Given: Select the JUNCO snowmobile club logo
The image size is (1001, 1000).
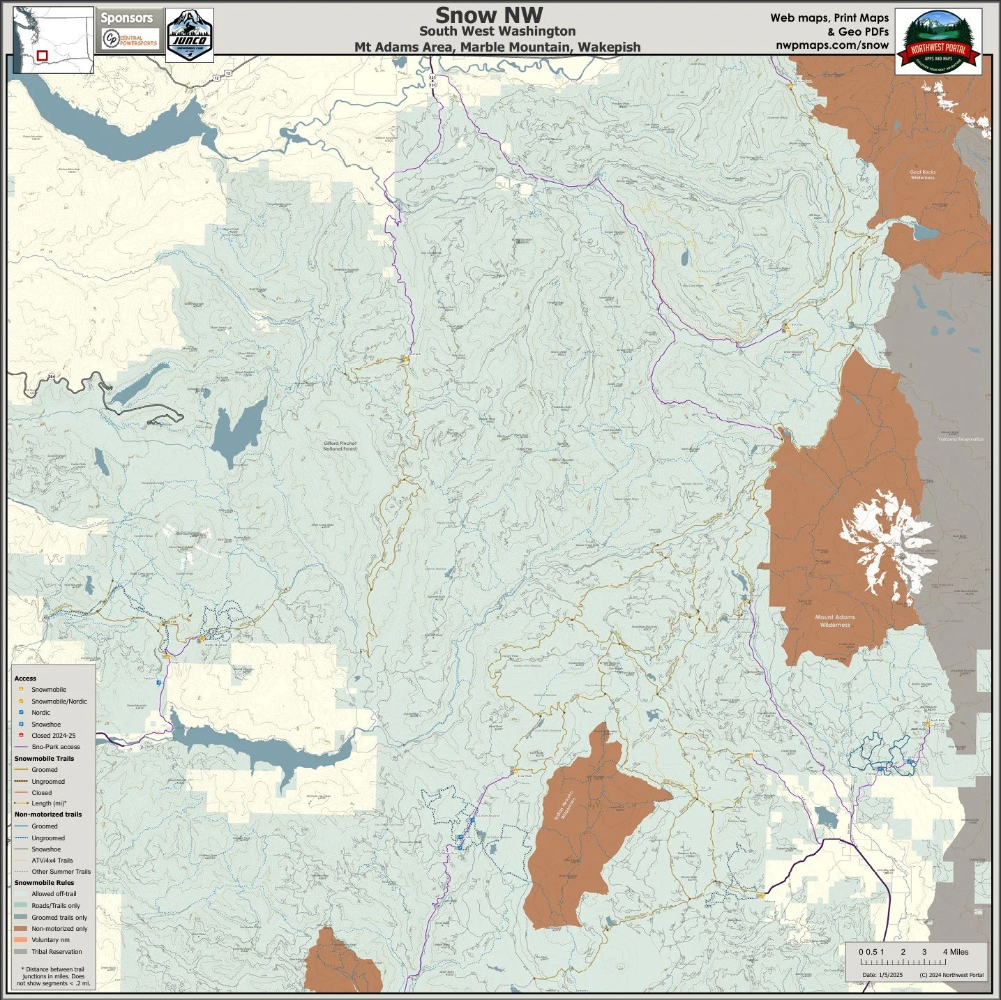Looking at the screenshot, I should point(190,34).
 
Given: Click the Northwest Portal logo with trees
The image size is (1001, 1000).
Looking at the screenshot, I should point(938,42).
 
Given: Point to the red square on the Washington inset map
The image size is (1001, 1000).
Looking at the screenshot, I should point(43,55).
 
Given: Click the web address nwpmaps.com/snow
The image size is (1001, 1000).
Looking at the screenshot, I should point(831,45).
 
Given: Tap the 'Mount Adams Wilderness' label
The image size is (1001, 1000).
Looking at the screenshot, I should point(835,621).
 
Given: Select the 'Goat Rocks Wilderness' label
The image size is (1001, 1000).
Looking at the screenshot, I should point(922,174).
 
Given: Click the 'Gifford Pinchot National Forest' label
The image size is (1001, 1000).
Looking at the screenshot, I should point(340,446).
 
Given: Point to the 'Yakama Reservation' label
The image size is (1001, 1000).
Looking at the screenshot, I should point(961,439).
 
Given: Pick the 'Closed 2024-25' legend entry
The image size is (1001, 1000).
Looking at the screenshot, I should point(53,736).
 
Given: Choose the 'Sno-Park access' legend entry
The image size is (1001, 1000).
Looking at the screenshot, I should point(55,747).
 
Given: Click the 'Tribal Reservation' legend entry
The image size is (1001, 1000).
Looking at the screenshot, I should point(56,952).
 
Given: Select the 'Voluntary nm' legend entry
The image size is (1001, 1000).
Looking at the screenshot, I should point(50,940).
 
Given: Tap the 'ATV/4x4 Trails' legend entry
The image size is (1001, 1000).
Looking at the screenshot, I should point(52,861).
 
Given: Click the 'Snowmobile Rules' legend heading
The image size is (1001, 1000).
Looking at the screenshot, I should point(44,883).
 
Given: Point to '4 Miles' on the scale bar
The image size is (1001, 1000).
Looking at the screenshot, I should point(955,952).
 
